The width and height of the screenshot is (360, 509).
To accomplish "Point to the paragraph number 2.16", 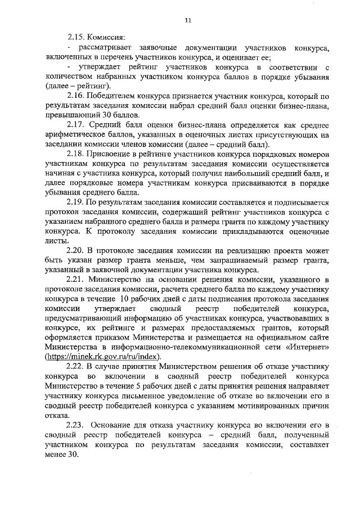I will [76, 96].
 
